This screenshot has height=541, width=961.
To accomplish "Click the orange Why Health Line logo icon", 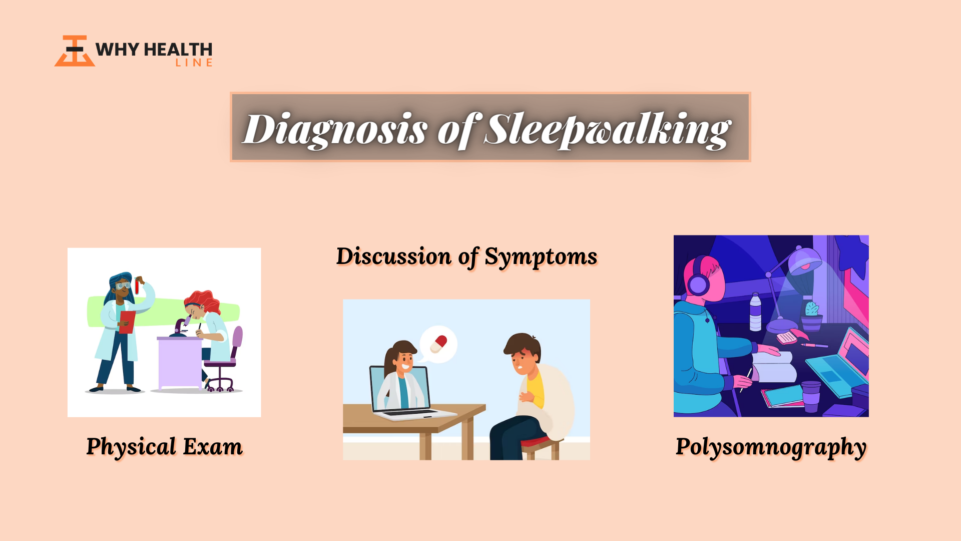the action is point(75,51).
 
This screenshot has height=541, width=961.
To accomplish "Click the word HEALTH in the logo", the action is point(178,50).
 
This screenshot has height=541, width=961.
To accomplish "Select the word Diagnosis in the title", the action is point(335,130).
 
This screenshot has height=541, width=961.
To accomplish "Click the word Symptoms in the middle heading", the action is point(541,257).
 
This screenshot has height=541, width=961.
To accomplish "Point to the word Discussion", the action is point(394,256).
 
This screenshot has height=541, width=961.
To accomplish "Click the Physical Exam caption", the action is point(165,447).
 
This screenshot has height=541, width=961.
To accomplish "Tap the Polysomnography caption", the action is point(771,447).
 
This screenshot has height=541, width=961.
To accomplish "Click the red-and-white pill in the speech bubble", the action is point(439,344).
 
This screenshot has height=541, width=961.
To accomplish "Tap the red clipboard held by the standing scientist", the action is point(127,322).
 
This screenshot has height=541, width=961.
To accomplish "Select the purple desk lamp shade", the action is point(804,260).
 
